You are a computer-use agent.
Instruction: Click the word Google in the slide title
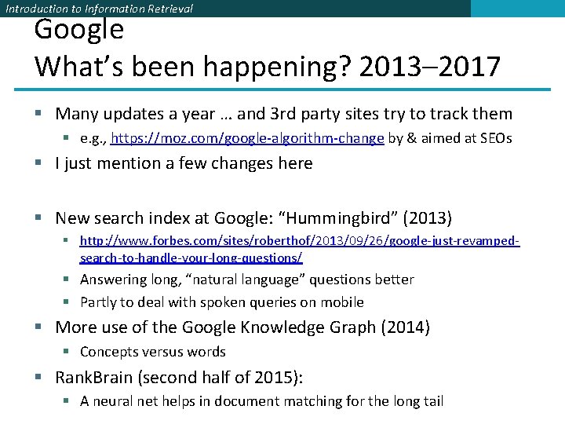pos(78,30)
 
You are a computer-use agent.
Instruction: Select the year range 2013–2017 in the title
pos(428,67)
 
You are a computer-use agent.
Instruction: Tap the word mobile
pos(343,302)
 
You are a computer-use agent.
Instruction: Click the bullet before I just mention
pos(39,163)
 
